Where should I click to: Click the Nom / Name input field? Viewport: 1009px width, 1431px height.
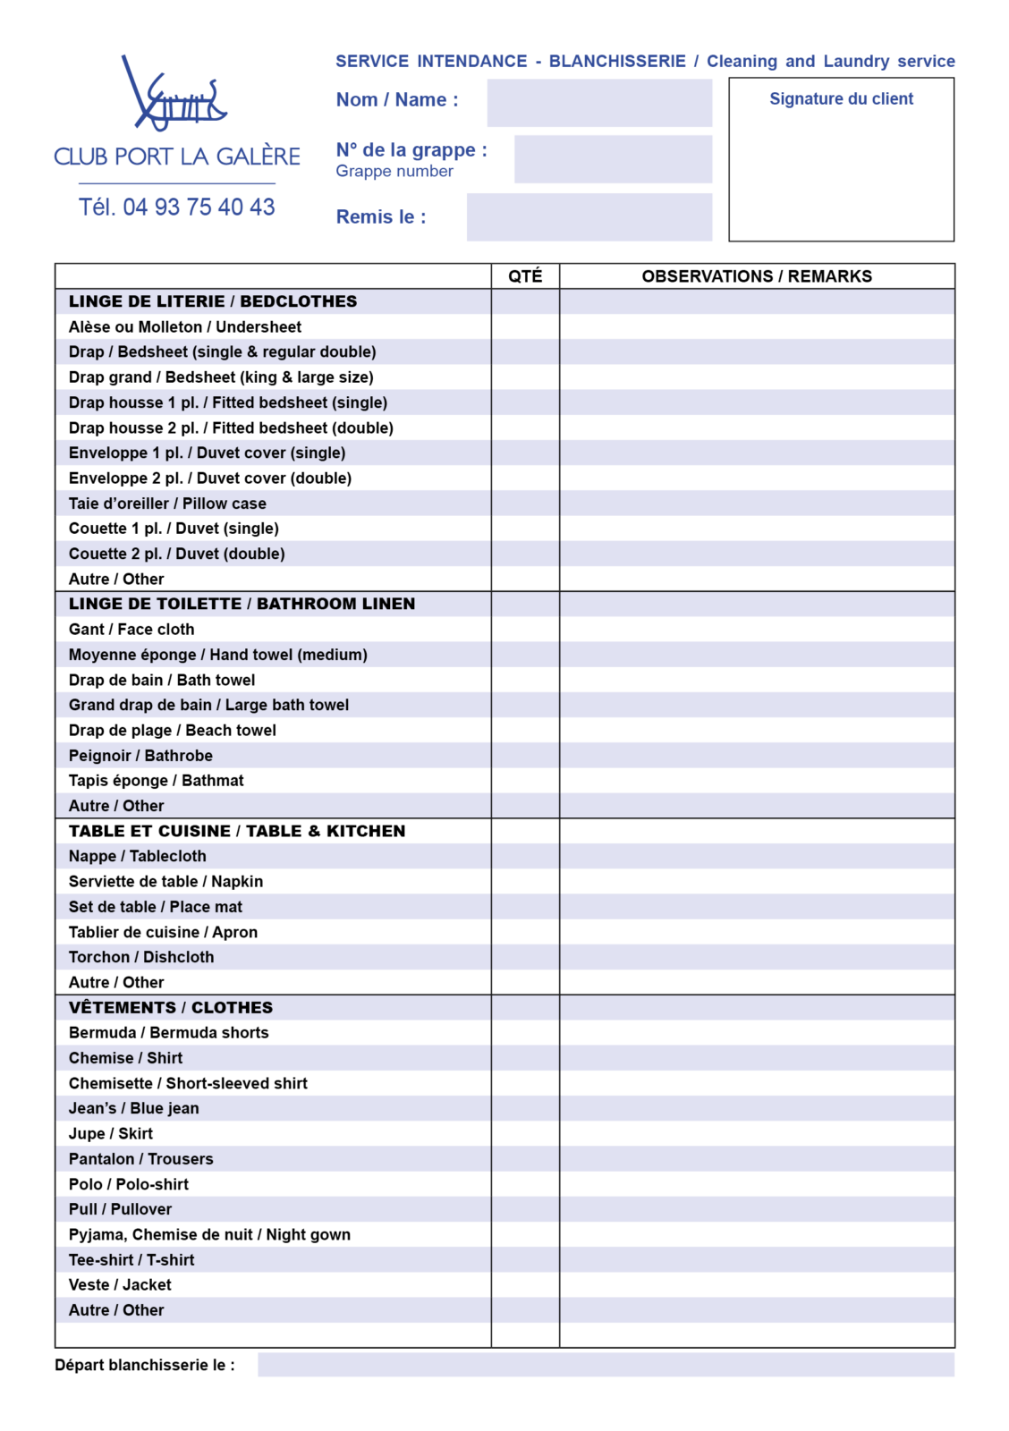(598, 103)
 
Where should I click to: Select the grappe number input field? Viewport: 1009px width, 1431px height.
(613, 159)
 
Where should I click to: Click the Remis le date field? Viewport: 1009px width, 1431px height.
(589, 217)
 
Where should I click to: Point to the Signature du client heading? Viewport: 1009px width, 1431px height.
(841, 99)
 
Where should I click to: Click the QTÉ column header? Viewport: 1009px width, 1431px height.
(525, 276)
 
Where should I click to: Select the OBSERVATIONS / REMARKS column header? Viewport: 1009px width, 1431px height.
(756, 276)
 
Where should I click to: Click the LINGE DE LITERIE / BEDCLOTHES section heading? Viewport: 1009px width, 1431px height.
(213, 301)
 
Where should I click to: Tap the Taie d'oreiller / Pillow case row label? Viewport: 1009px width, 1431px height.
(167, 504)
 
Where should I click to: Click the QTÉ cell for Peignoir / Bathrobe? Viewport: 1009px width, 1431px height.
(525, 756)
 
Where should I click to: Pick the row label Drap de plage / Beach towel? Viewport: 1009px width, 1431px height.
(173, 731)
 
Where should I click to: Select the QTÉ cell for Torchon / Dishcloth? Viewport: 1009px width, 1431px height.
(525, 957)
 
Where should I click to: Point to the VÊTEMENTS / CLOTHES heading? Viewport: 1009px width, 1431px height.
(171, 1008)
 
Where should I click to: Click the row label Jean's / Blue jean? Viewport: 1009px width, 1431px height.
(134, 1109)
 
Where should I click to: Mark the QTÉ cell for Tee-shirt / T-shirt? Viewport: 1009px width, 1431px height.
(525, 1260)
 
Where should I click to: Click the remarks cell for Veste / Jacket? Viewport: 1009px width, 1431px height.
(756, 1285)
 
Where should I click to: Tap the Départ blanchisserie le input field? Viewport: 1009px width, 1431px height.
(606, 1365)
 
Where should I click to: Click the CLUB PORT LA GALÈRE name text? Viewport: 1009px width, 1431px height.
(177, 157)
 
